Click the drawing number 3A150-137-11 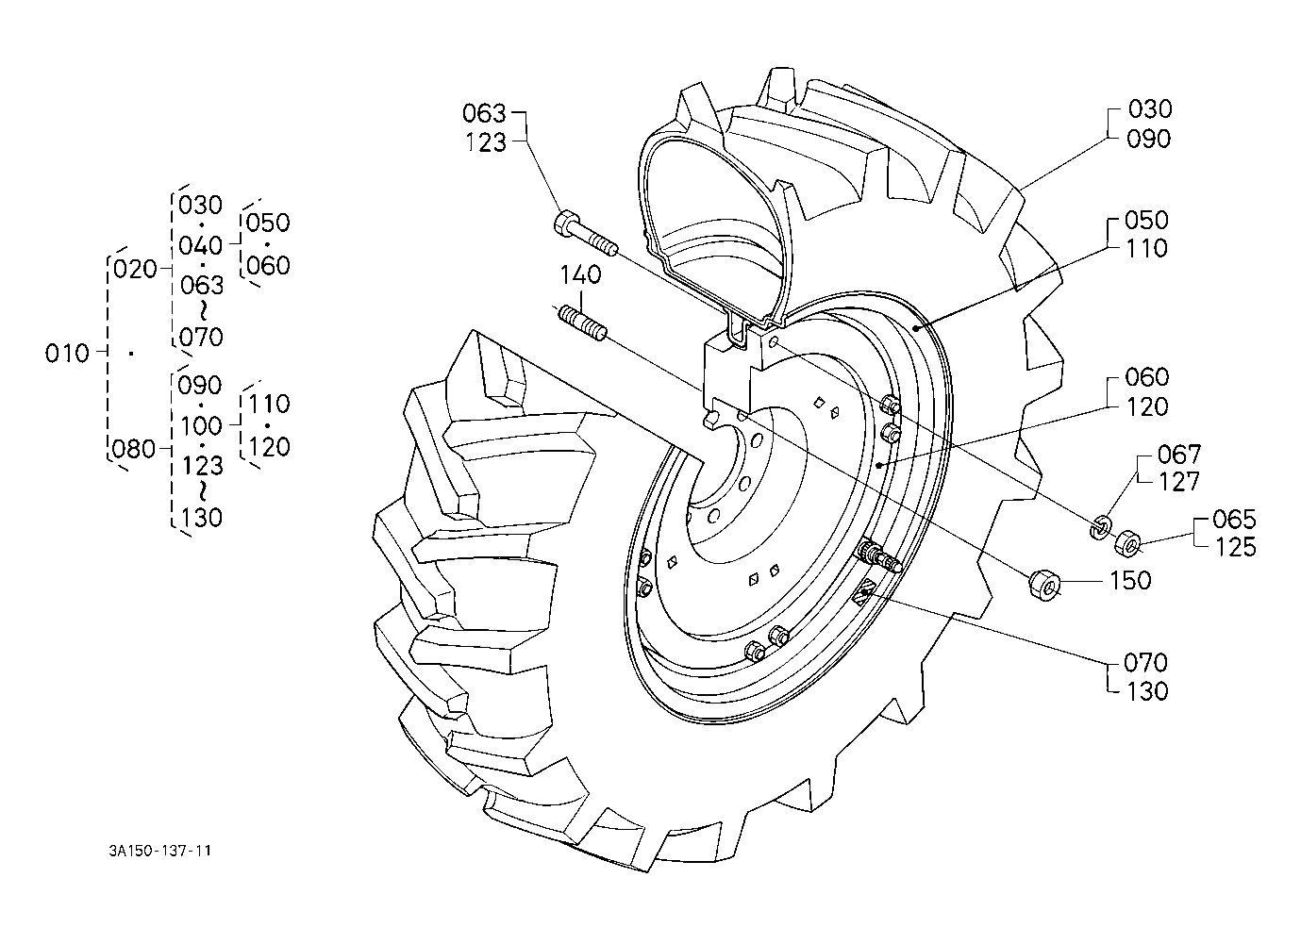(x=159, y=852)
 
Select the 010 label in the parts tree (x=67, y=353)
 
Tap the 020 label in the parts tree (x=135, y=270)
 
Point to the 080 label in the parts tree (x=134, y=449)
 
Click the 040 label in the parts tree (x=200, y=245)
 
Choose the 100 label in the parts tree (x=201, y=426)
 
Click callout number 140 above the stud (x=580, y=274)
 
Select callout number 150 (x=1130, y=580)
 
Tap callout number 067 (x=1179, y=454)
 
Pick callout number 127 (x=1179, y=482)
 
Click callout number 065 (x=1235, y=519)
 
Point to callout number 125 (x=1235, y=547)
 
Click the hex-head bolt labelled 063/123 (x=586, y=234)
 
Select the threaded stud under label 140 (x=582, y=324)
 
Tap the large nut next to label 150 (x=1045, y=586)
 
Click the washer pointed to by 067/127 (x=1099, y=526)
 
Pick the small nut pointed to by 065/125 (x=1127, y=541)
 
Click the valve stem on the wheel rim (x=879, y=555)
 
